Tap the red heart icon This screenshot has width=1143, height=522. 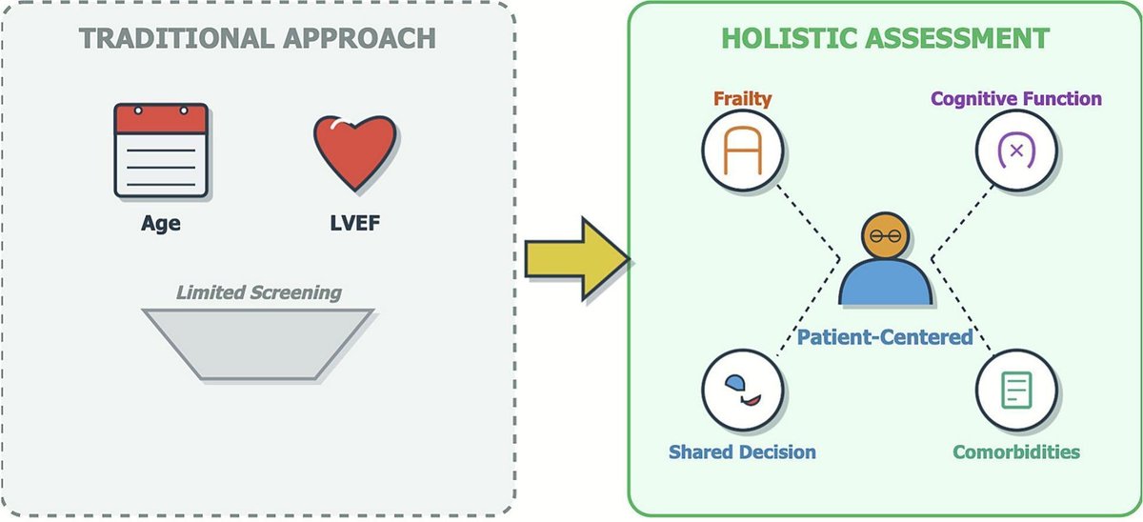click(354, 153)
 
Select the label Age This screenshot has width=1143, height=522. click(161, 225)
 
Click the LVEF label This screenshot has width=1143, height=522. click(354, 225)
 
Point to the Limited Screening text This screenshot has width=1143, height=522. click(259, 292)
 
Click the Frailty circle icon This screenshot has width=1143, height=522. click(742, 151)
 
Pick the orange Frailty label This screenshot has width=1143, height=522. click(742, 98)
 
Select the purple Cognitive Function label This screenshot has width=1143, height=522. click(1016, 98)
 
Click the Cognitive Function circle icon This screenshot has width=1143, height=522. click(1016, 151)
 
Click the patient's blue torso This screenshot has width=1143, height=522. click(885, 282)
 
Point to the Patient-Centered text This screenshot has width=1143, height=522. click(885, 336)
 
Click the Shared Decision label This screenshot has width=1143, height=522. click(742, 451)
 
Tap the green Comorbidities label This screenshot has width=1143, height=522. click(1016, 451)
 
